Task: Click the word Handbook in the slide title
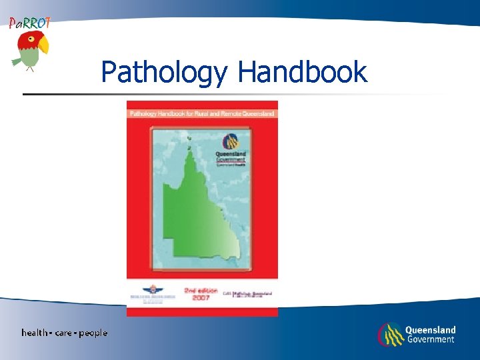tap(303, 72)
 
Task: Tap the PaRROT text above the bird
tap(29, 23)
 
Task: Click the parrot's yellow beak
tap(44, 45)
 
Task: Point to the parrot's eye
tap(31, 39)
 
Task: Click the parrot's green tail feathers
tap(17, 61)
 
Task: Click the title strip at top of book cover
tap(202, 113)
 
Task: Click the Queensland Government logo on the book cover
tap(231, 147)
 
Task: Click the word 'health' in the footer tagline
tap(35, 333)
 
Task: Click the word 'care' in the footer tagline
tap(65, 333)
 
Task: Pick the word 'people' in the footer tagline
tap(93, 333)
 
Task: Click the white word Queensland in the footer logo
tap(430, 330)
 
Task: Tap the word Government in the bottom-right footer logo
tap(430, 339)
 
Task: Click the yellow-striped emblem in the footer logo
tap(390, 334)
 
